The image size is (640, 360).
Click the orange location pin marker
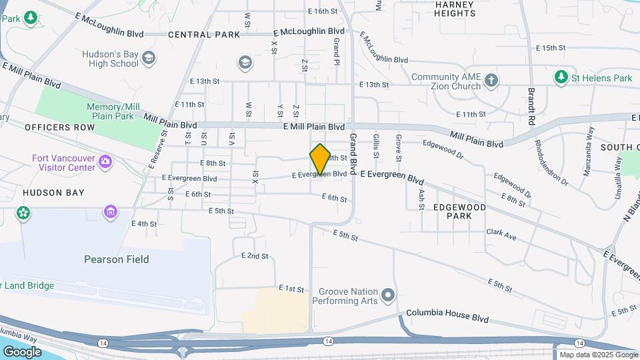tap(321, 159)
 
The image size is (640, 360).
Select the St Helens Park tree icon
tap(561, 78)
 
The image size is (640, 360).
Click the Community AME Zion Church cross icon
tap(491, 81)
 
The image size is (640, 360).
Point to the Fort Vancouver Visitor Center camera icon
tap(105, 162)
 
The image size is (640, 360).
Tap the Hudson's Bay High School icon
tap(149, 58)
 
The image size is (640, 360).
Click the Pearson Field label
tap(117, 259)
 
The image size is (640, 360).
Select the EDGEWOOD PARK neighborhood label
tap(459, 211)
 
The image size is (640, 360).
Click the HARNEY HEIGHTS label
tap(455, 9)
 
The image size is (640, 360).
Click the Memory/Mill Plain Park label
tap(113, 111)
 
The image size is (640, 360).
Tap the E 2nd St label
tap(255, 256)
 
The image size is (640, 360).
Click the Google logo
tap(22, 351)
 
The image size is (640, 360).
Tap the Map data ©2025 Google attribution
tap(599, 355)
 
